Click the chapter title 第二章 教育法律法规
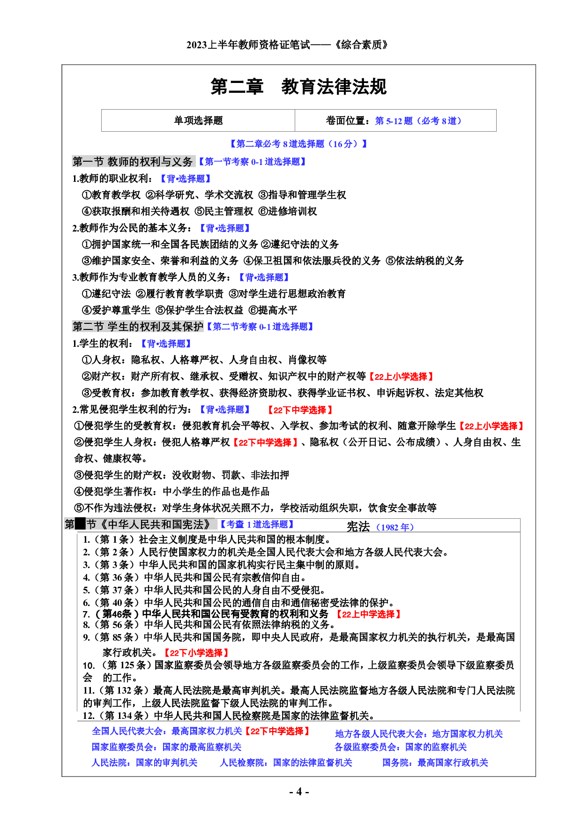[x=298, y=87]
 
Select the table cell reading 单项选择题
[x=198, y=120]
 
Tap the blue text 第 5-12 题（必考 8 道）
[x=418, y=121]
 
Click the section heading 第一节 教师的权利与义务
[x=133, y=162]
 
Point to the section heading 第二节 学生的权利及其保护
[x=138, y=327]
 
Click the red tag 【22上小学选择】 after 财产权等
[x=401, y=376]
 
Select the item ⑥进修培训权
[x=288, y=211]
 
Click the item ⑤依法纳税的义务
[x=425, y=261]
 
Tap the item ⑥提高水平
[x=273, y=310]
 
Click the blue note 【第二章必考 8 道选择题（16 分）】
[x=298, y=144]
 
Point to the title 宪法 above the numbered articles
[x=358, y=527]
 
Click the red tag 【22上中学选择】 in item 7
[x=368, y=614]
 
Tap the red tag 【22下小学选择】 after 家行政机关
[x=196, y=652]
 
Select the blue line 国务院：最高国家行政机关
[x=435, y=762]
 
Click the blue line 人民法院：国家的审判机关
[x=144, y=762]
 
